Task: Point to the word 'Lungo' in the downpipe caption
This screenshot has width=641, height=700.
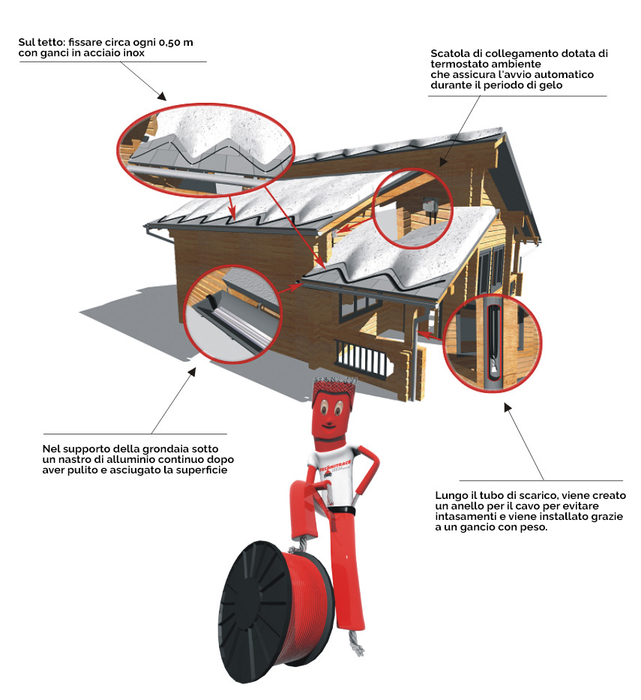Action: point(451,496)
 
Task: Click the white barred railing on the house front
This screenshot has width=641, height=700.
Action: point(364,356)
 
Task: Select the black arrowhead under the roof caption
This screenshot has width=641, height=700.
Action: point(161,95)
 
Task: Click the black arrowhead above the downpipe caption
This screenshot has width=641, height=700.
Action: point(508,407)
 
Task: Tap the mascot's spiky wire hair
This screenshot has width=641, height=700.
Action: point(334,383)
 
